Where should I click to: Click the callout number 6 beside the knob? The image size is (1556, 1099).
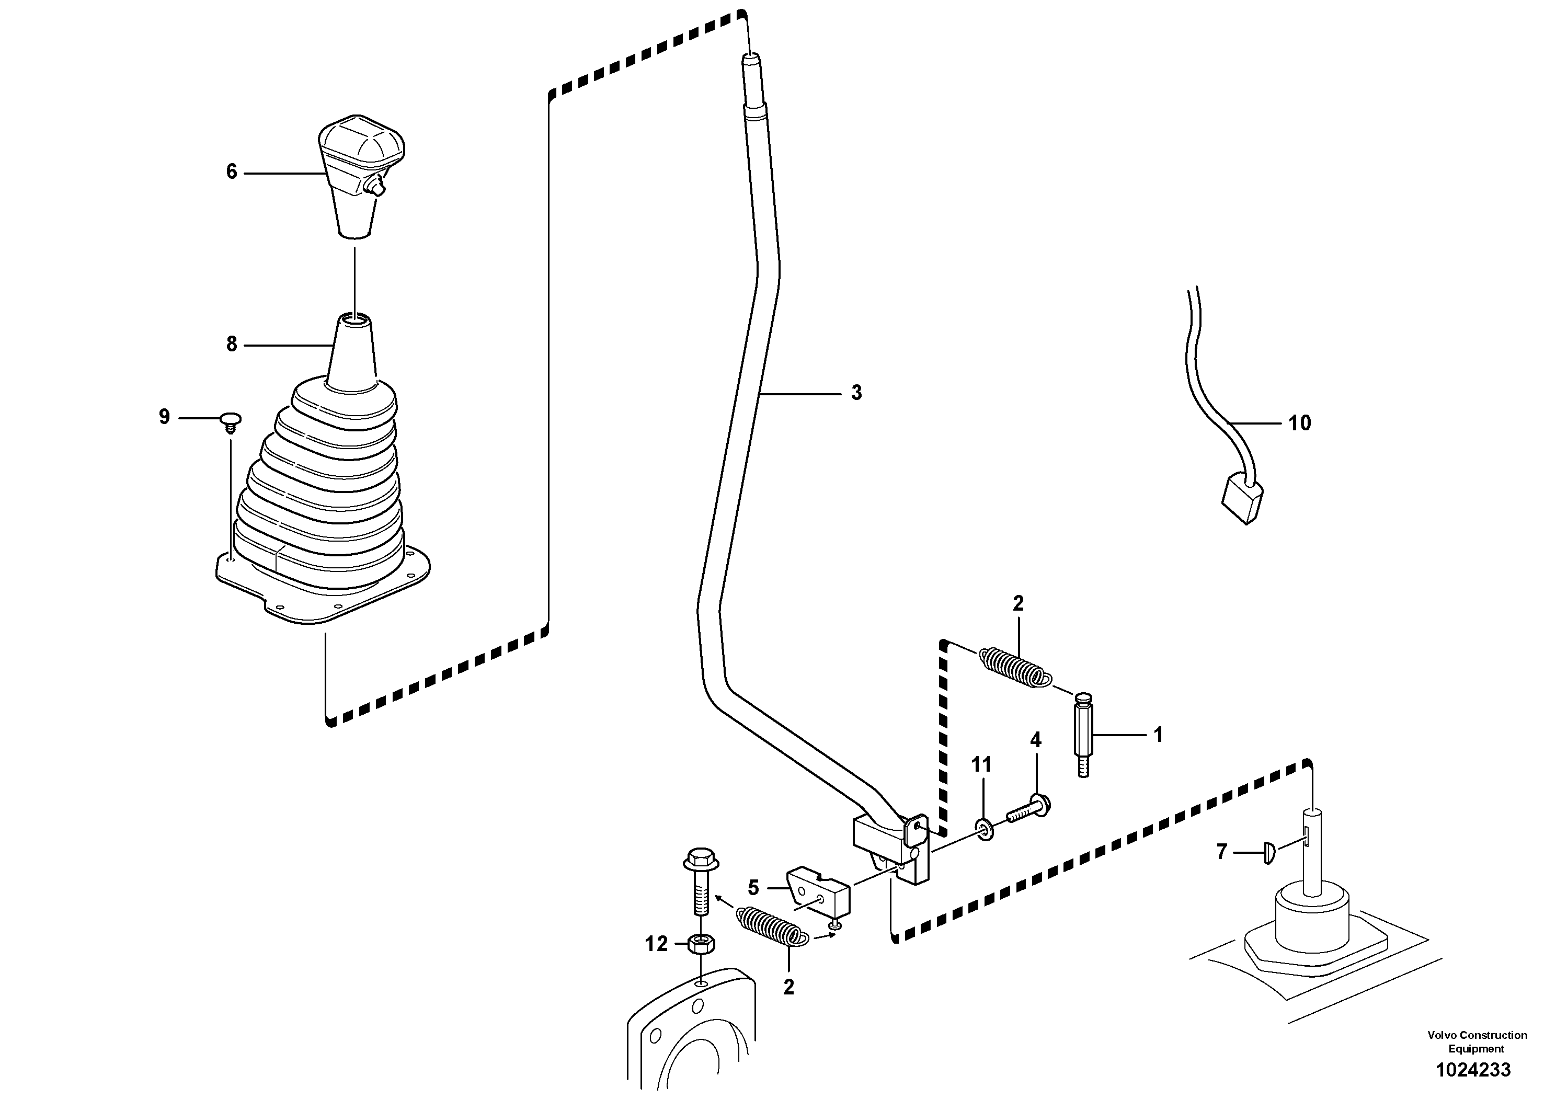(x=232, y=172)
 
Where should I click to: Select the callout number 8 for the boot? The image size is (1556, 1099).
(x=232, y=345)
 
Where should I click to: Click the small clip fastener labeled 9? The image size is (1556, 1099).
(x=232, y=421)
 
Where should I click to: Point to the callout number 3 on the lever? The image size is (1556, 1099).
(x=856, y=393)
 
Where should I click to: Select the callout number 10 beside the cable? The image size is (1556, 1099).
(x=1299, y=423)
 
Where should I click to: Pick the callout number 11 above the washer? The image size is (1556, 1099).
(x=981, y=765)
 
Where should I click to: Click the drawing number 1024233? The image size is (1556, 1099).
(x=1473, y=1070)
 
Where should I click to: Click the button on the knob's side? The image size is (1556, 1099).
(x=375, y=185)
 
